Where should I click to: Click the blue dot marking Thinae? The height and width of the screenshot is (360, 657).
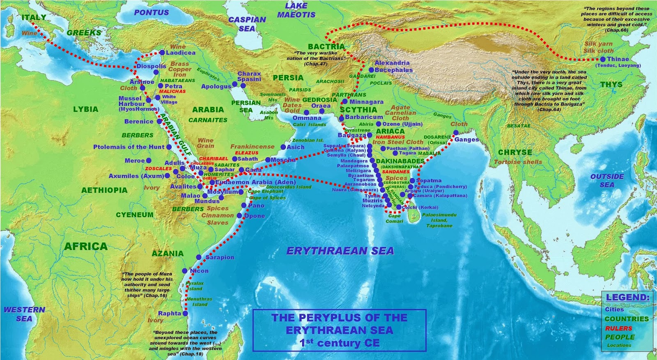click(x=603, y=60)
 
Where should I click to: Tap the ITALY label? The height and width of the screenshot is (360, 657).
click(x=33, y=18)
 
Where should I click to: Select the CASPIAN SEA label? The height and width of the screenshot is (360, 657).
click(x=247, y=24)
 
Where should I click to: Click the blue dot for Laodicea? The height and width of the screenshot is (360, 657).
click(x=162, y=53)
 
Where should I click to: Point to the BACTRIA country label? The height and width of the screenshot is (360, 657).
click(x=326, y=46)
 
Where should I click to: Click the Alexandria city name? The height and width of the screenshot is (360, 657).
click(x=392, y=63)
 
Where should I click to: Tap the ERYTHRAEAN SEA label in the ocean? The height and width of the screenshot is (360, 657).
click(x=340, y=251)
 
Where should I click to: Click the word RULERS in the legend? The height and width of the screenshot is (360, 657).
click(x=618, y=328)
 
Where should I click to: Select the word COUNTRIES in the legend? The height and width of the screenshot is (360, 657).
click(x=626, y=319)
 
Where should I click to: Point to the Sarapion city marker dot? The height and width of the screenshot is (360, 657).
click(x=199, y=257)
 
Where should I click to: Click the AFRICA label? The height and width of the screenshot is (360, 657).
click(x=86, y=246)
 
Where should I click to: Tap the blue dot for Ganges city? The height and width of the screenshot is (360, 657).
click(x=456, y=133)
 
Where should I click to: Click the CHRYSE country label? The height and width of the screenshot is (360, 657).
click(x=515, y=152)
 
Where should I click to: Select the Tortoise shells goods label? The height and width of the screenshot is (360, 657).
click(x=518, y=162)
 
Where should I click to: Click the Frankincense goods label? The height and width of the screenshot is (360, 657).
click(x=252, y=147)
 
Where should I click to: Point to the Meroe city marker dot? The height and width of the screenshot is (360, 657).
click(x=149, y=161)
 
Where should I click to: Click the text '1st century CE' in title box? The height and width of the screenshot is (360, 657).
click(x=339, y=343)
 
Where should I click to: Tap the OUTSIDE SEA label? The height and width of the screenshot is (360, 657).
click(x=607, y=181)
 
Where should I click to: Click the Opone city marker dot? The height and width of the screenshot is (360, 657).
click(x=240, y=216)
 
